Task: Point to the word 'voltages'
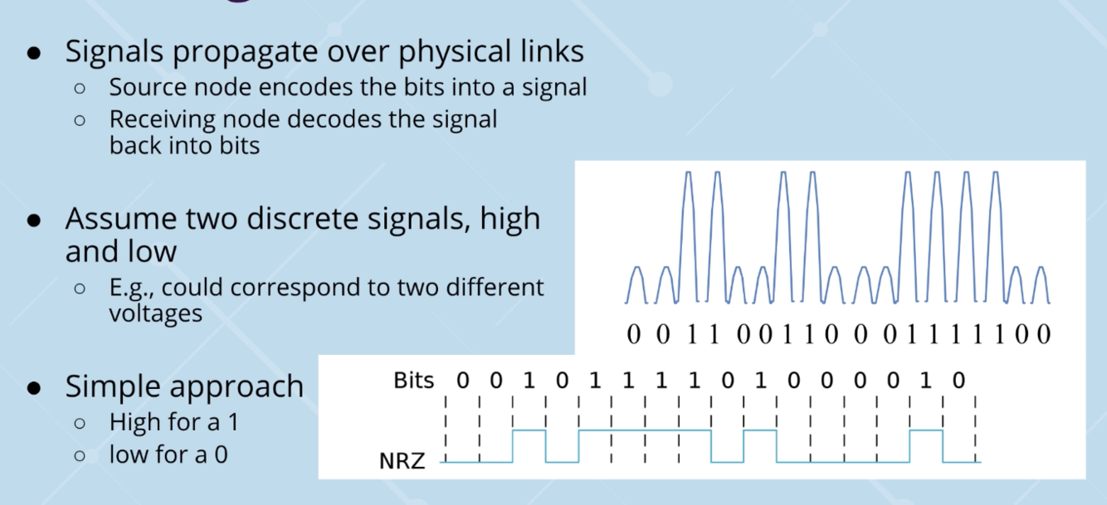pyautogui.click(x=155, y=313)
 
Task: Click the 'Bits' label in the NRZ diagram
pyautogui.click(x=414, y=381)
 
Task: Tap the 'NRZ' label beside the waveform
pyautogui.click(x=402, y=461)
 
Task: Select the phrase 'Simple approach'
pyautogui.click(x=184, y=386)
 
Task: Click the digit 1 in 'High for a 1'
pyautogui.click(x=232, y=422)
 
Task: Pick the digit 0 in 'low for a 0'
pyautogui.click(x=222, y=454)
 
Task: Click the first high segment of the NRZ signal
pyautogui.click(x=529, y=431)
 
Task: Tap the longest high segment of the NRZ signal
pyautogui.click(x=645, y=431)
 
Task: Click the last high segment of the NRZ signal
pyautogui.click(x=926, y=431)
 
